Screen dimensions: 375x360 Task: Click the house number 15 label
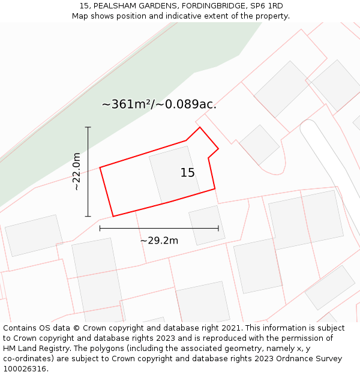tap(187, 173)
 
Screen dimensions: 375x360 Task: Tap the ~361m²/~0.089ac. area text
tap(159, 104)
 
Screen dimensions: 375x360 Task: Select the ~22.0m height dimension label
tap(76, 172)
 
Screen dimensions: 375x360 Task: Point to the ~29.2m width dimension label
tap(159, 241)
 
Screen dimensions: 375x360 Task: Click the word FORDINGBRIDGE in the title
tap(204, 6)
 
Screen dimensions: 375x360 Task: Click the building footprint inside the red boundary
tap(173, 174)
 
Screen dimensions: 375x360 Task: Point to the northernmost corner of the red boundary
tap(200, 127)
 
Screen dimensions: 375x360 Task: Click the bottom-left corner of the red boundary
tap(113, 216)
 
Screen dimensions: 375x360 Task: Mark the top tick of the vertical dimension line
tap(88, 127)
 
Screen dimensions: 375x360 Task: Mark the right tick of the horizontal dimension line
tap(218, 228)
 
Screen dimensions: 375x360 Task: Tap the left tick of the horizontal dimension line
tap(100, 228)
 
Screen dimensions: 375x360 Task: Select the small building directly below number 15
tap(206, 225)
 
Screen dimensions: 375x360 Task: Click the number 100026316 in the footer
tap(25, 369)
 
